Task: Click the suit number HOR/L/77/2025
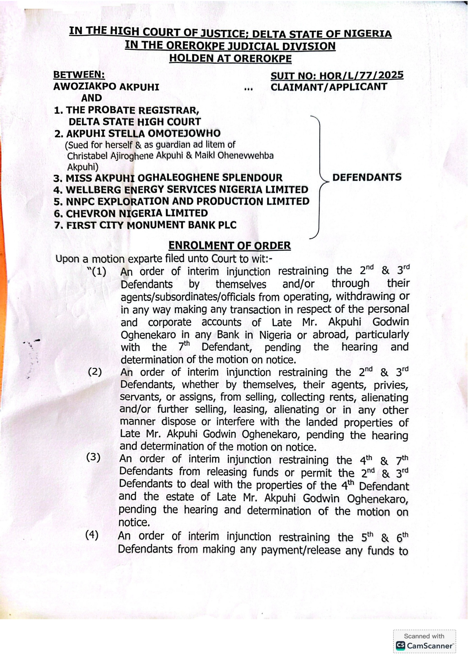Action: (337, 76)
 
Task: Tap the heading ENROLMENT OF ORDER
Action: (229, 246)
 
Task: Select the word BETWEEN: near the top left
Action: (79, 75)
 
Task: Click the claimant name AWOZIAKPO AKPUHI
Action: (106, 87)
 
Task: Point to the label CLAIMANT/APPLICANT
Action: (329, 87)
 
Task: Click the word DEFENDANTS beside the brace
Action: (367, 177)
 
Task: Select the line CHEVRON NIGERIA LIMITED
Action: (131, 214)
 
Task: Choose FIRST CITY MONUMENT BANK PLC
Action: (145, 225)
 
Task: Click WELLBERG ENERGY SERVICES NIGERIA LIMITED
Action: (181, 190)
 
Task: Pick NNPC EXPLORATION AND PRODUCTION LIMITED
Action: (181, 202)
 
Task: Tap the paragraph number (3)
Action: (93, 457)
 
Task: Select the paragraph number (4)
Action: (92, 535)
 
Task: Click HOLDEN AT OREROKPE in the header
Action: (230, 58)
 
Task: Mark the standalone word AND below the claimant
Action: (92, 98)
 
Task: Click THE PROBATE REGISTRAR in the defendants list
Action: (127, 110)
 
